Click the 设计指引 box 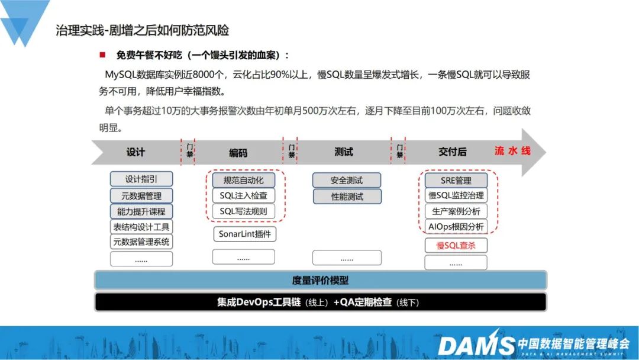(x=141, y=179)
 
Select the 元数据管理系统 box (x=141, y=242)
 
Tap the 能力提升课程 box (x=141, y=211)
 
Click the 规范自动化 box (x=243, y=180)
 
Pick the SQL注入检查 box (x=243, y=195)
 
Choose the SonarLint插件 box (x=244, y=234)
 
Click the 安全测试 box (x=347, y=181)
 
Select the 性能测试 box (x=347, y=197)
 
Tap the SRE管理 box (x=456, y=180)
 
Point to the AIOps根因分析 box (x=456, y=226)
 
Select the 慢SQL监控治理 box (x=456, y=195)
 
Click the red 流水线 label (x=512, y=151)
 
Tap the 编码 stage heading (x=238, y=153)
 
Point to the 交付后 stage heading (x=452, y=152)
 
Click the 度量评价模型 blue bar (x=320, y=280)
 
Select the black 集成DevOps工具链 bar (x=320, y=302)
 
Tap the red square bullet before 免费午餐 (x=102, y=55)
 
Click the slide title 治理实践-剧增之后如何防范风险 (x=142, y=30)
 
